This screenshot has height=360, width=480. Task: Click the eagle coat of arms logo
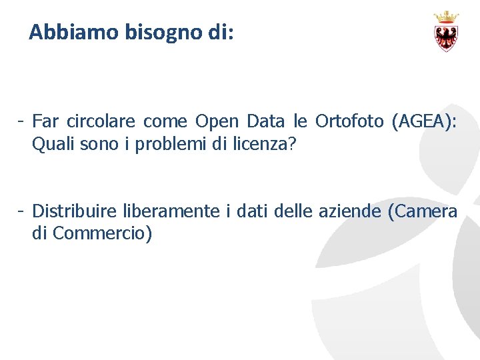[x=446, y=37]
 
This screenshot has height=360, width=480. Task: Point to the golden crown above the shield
[x=446, y=17]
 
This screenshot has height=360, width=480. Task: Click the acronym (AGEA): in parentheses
[x=425, y=121]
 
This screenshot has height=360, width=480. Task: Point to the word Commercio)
[x=102, y=234]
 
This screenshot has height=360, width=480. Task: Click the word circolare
[x=103, y=121]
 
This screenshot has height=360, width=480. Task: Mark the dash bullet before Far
[x=22, y=121]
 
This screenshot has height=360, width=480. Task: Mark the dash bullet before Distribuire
[x=22, y=212]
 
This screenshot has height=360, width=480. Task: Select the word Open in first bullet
[x=217, y=121]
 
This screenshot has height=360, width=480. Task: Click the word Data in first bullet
[x=265, y=121]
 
